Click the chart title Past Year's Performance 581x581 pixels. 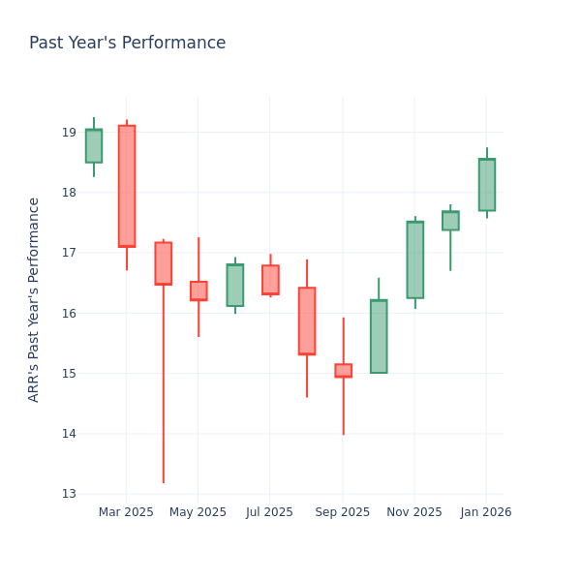(x=127, y=44)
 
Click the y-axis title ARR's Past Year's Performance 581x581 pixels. (x=34, y=299)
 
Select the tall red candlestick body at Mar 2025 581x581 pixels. (x=127, y=186)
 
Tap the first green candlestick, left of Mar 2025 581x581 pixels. (x=94, y=146)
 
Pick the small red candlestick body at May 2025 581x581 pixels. (x=199, y=290)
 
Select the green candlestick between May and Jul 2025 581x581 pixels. (x=234, y=285)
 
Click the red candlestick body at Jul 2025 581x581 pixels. (x=270, y=280)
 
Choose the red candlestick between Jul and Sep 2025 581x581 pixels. (x=307, y=321)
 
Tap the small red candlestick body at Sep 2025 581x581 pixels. (x=343, y=370)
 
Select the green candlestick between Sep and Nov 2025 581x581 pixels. (x=379, y=336)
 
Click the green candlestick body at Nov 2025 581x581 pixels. (x=414, y=260)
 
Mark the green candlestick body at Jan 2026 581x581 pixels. (x=486, y=185)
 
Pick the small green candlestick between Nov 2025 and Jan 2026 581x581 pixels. (x=450, y=221)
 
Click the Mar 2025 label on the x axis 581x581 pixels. (x=126, y=512)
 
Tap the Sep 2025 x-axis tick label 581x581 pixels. (x=343, y=512)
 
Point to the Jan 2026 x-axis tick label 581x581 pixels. (x=486, y=512)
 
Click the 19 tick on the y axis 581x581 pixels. (x=69, y=133)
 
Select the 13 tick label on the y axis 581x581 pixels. (x=69, y=494)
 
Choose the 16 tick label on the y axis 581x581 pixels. (x=69, y=314)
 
